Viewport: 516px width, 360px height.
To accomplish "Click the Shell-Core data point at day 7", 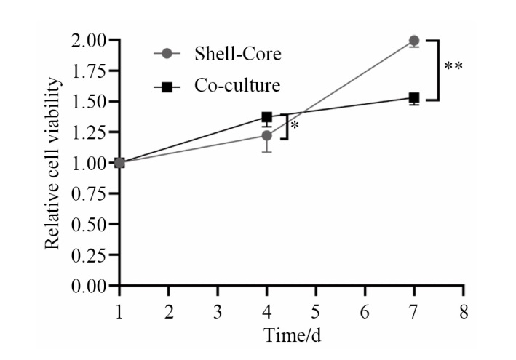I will coord(413,41).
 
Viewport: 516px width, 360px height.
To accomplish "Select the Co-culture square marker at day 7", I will coord(413,98).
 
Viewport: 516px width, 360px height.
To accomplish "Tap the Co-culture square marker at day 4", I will coord(267,117).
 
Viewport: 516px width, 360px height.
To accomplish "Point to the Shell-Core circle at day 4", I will coord(267,135).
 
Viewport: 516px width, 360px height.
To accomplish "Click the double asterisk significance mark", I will coord(453,68).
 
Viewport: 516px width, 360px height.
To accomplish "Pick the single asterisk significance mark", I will coord(295,126).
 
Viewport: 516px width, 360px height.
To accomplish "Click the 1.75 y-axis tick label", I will coord(89,71).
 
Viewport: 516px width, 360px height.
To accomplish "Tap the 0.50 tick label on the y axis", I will coord(89,225).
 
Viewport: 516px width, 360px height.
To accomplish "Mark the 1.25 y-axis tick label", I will coord(89,132).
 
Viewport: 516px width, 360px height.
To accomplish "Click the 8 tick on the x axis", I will coord(463,311).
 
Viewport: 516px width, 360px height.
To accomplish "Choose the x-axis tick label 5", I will coord(316,311).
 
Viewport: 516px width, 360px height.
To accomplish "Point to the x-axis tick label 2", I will coord(169,311).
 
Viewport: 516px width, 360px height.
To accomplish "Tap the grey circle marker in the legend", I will coord(167,54).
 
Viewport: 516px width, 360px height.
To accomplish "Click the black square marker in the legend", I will coord(167,87).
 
